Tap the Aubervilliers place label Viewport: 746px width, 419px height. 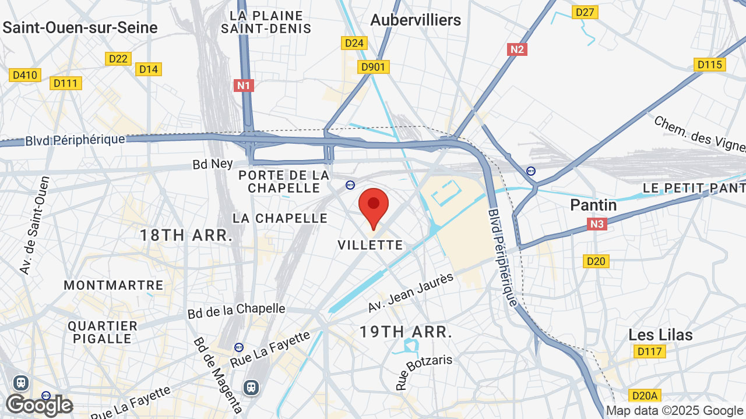pos(416,20)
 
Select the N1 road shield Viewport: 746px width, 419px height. pos(244,86)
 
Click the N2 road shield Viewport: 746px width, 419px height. pos(517,49)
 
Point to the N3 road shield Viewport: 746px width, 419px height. pos(597,224)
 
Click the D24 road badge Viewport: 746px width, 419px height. pos(354,43)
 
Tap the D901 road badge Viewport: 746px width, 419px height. pos(373,67)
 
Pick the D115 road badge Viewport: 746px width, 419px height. pos(709,65)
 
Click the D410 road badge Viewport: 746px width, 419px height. pos(25,75)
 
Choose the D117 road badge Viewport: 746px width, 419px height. pos(649,351)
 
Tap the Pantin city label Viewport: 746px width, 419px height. pos(593,205)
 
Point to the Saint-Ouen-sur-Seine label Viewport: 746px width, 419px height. pos(80,27)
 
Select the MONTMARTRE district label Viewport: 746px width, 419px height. pos(114,285)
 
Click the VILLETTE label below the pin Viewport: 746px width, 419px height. pos(371,245)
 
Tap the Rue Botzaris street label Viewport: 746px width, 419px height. pos(424,371)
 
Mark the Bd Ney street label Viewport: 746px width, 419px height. pos(213,164)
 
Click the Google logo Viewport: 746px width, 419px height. pos(39,405)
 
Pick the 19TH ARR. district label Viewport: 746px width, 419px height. pos(406,332)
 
